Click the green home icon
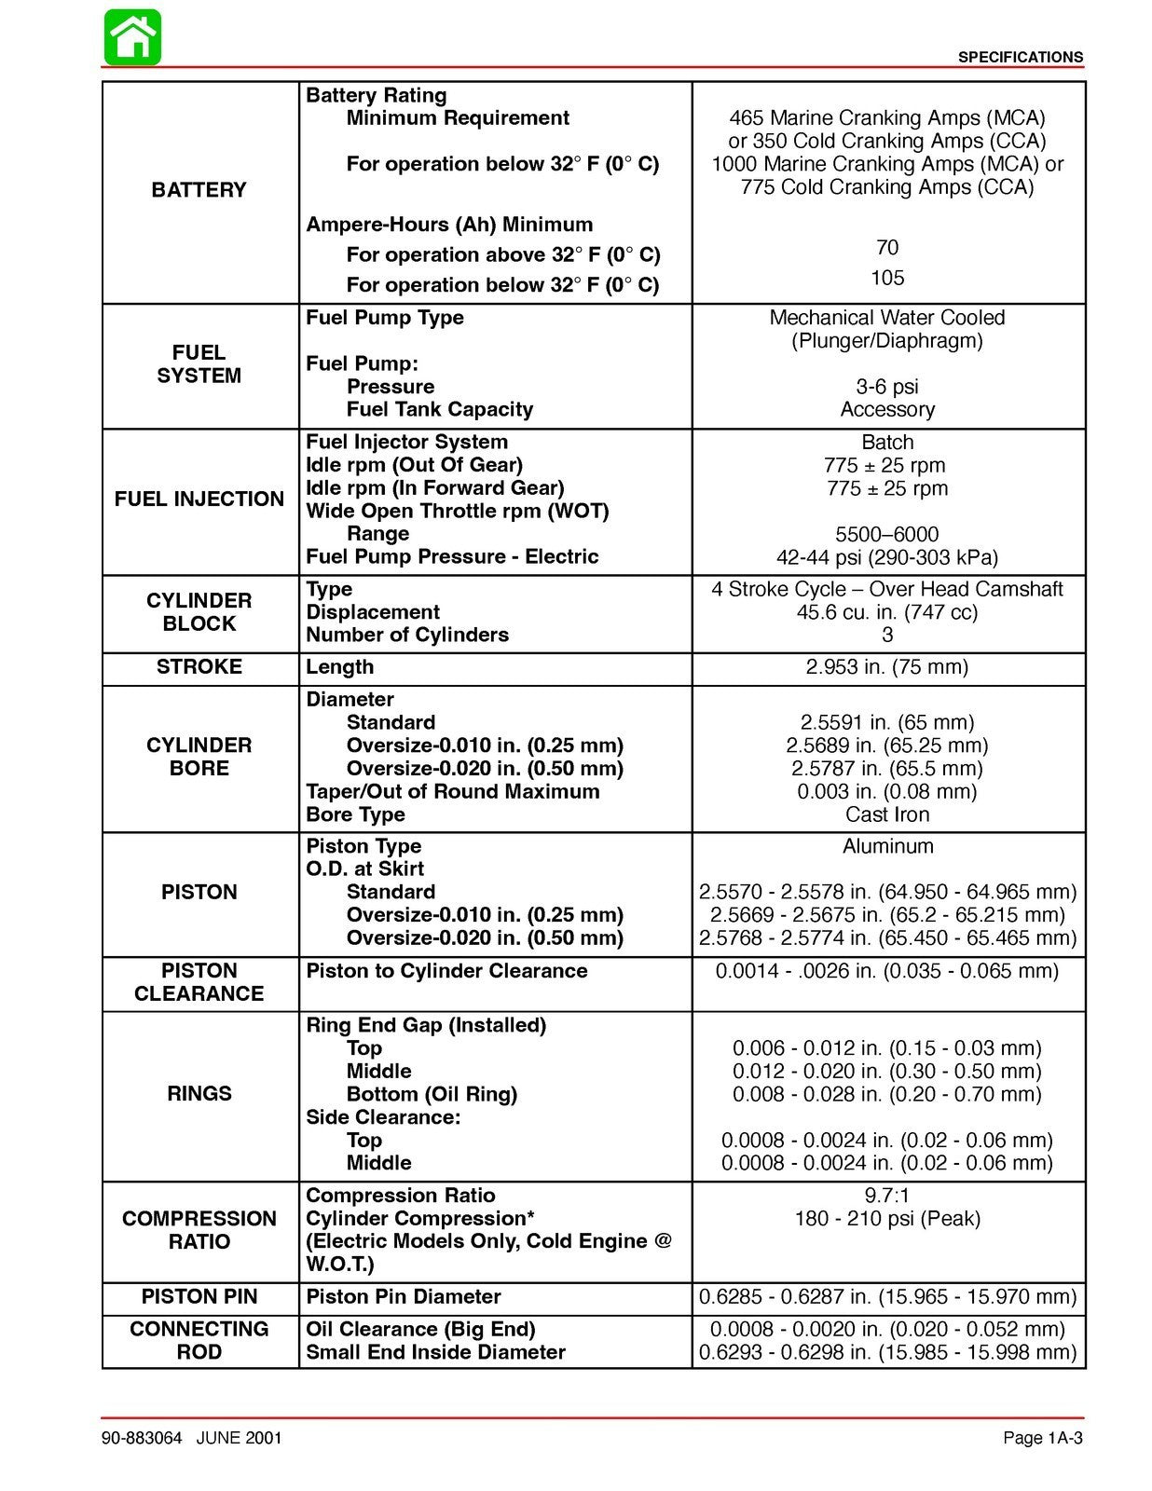coord(132,37)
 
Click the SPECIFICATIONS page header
coord(1020,58)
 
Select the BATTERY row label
coord(199,190)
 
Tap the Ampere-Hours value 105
coord(886,278)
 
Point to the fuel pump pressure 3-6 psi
coord(886,387)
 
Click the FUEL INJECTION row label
coord(199,499)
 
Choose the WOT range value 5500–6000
coord(886,535)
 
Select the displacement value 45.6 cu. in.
coord(886,612)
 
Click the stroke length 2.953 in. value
coord(886,667)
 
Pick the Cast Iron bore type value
coord(886,814)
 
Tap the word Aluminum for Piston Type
coord(886,846)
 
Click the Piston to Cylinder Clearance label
coord(446,971)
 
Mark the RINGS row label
coord(199,1094)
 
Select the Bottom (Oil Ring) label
coord(431,1094)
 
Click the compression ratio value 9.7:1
coord(886,1196)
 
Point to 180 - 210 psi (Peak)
coord(886,1219)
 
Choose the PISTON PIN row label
coord(199,1297)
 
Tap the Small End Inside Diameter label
coord(435,1352)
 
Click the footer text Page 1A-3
coord(1042,1438)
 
